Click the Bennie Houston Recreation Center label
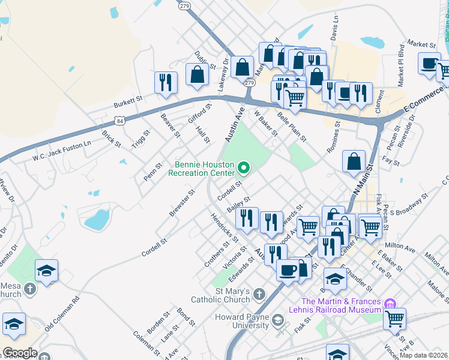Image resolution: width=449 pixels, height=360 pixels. click(x=205, y=169)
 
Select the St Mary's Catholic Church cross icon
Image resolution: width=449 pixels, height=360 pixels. click(x=259, y=294)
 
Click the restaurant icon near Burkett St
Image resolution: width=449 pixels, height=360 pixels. click(x=166, y=82)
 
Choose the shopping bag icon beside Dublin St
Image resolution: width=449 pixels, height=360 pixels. click(x=197, y=74)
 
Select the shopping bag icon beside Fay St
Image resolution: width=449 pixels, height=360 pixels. click(x=355, y=161)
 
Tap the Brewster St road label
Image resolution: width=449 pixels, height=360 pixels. click(x=182, y=204)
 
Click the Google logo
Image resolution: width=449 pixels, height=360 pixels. click(x=19, y=353)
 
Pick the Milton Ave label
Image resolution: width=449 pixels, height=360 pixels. click(x=400, y=247)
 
